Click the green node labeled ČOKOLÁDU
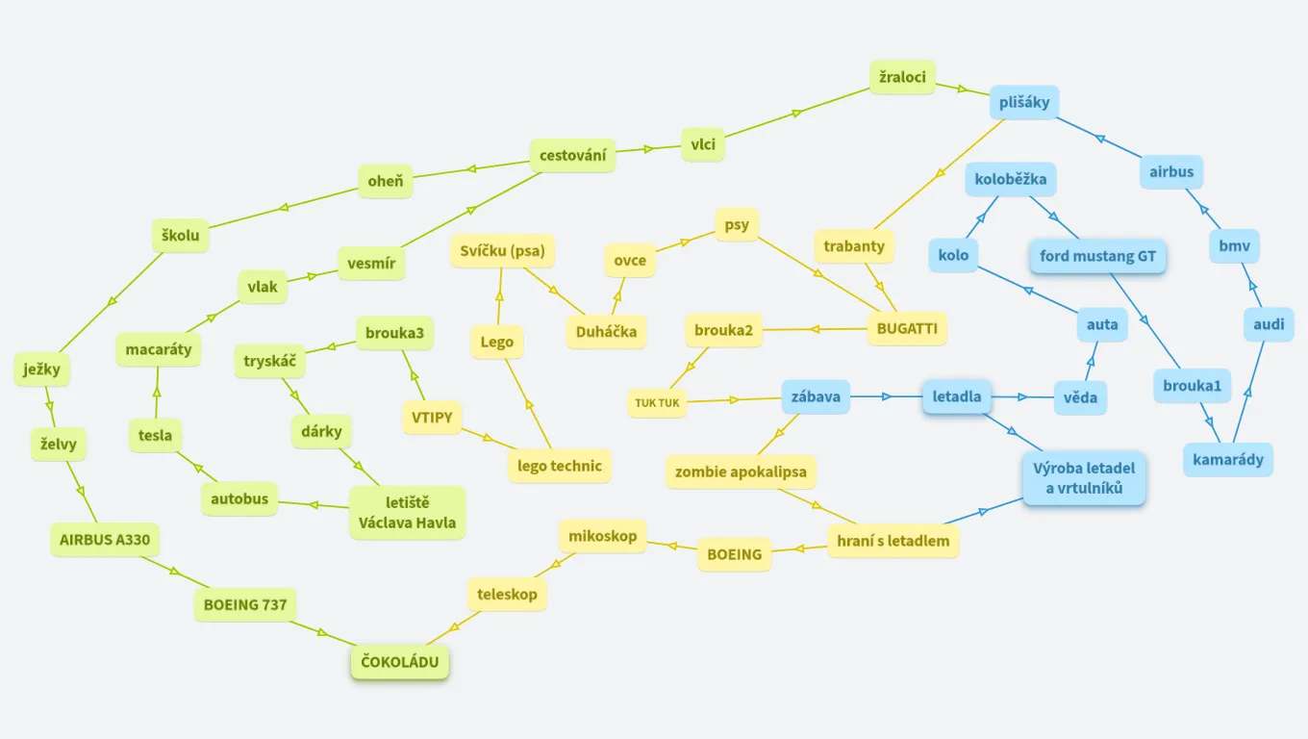click(x=399, y=661)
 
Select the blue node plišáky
click(x=1023, y=103)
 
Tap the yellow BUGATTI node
click(x=907, y=328)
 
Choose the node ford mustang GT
click(x=1097, y=257)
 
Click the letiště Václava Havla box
click(x=407, y=513)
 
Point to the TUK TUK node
click(x=658, y=402)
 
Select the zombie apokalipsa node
click(x=741, y=471)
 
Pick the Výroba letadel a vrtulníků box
click(x=1084, y=478)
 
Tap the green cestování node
click(x=572, y=155)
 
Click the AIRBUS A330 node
click(x=105, y=539)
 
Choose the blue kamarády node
click(x=1228, y=459)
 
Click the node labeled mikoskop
click(x=602, y=536)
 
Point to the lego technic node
click(x=559, y=466)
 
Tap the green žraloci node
click(x=902, y=76)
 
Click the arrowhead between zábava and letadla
click(x=889, y=395)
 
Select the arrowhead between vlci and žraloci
click(x=796, y=114)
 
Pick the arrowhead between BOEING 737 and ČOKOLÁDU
click(x=322, y=632)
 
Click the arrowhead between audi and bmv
click(x=1251, y=286)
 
